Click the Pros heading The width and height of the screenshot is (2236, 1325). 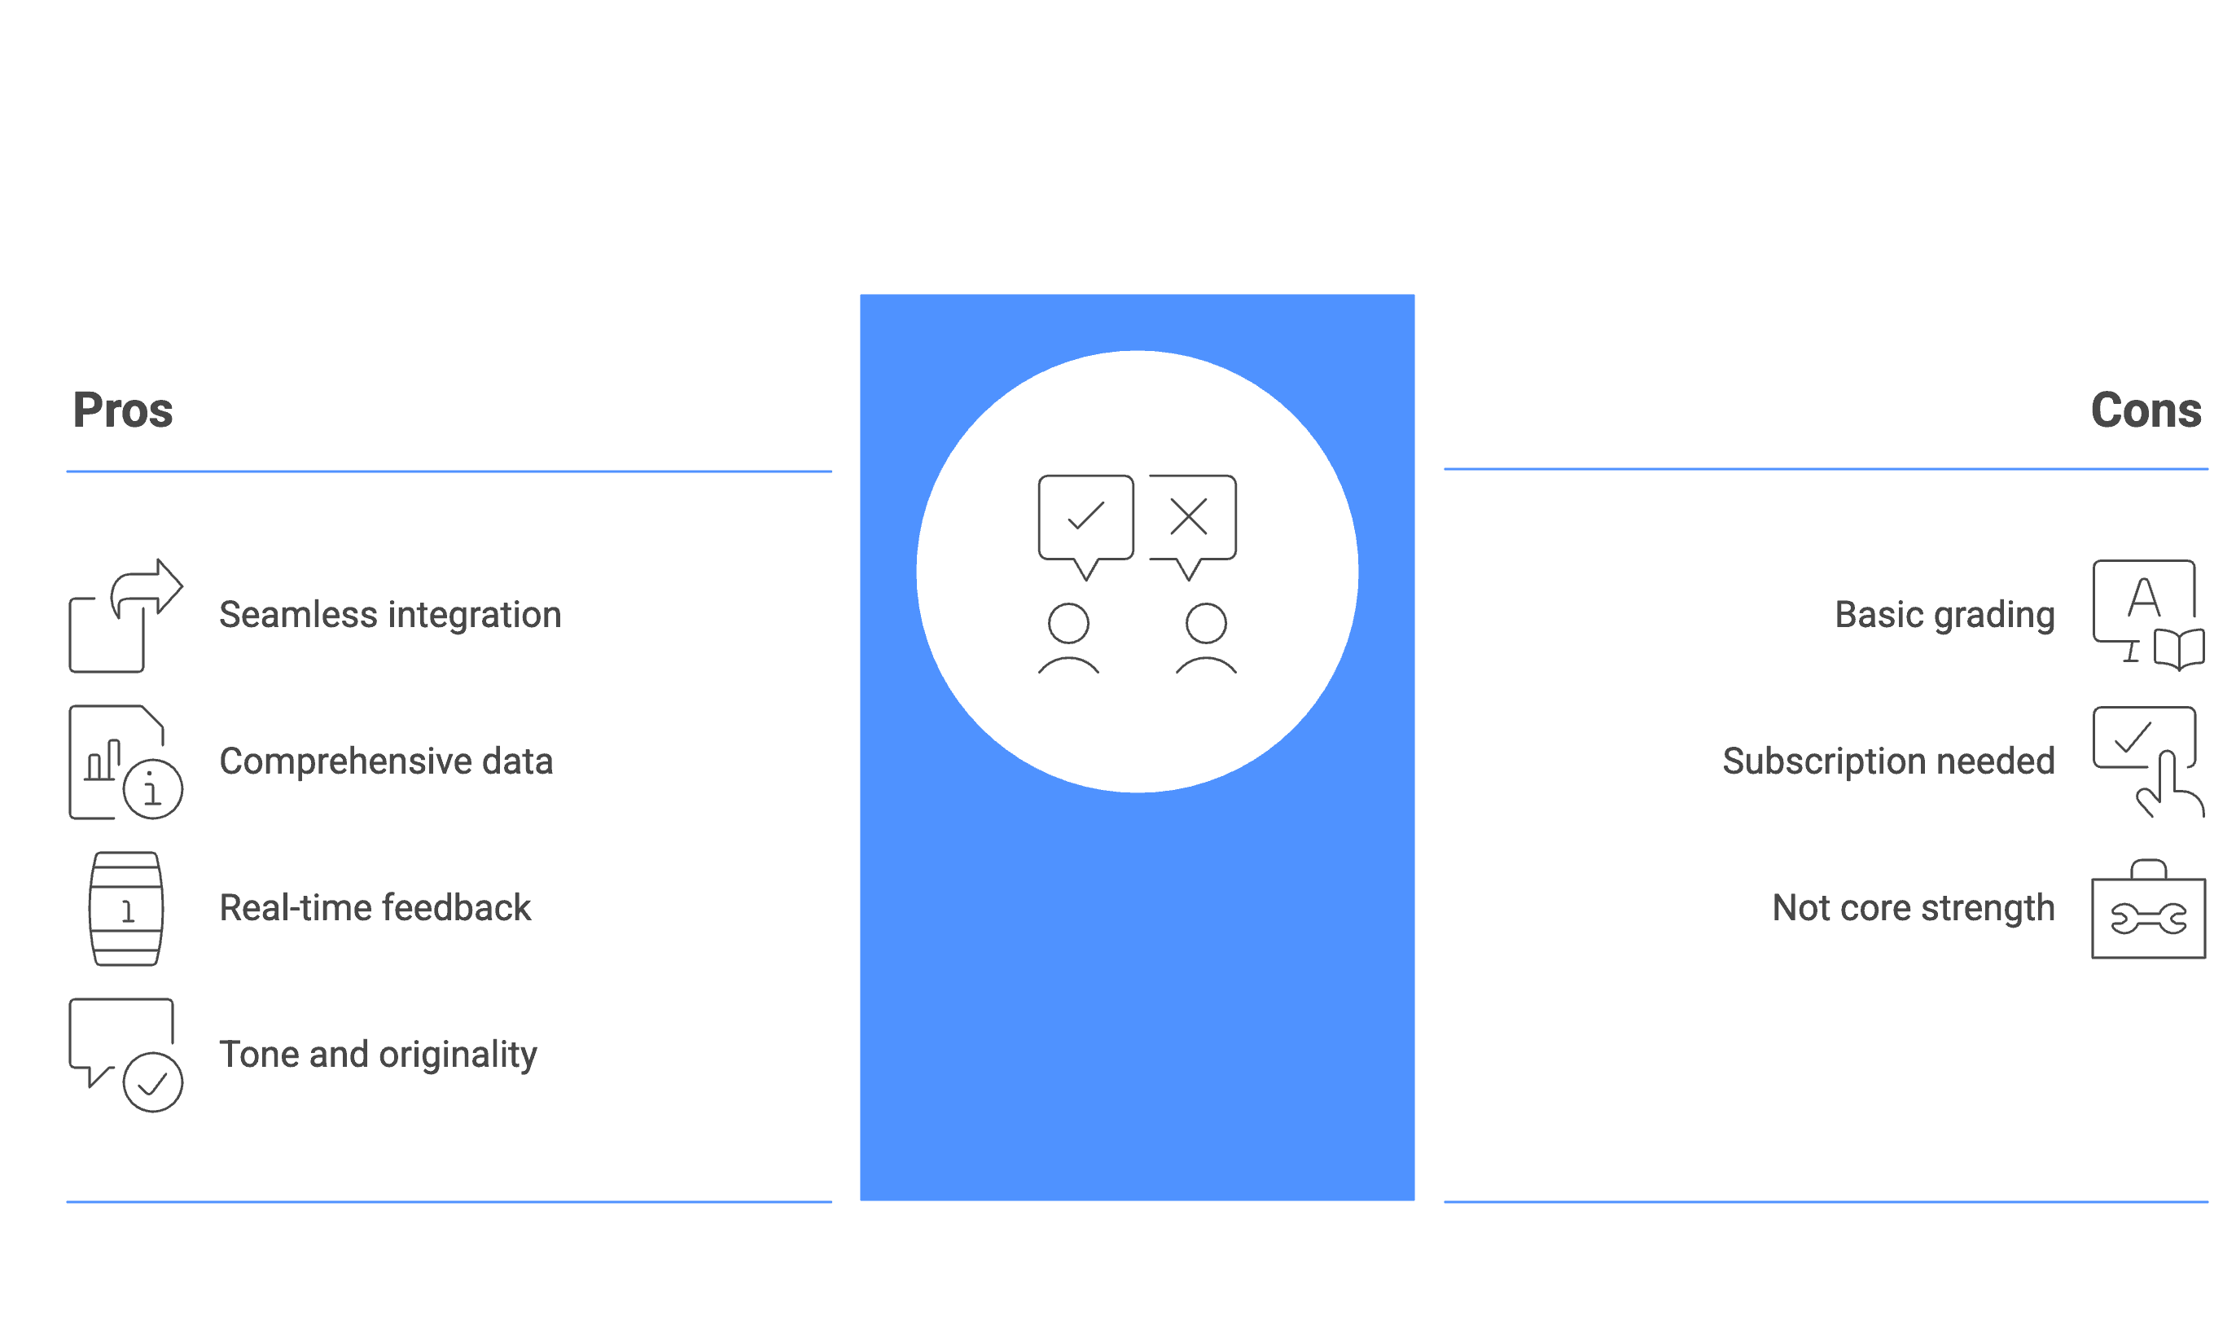pos(123,410)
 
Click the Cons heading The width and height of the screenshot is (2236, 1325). pos(2146,410)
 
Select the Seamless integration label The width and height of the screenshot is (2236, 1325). pos(390,615)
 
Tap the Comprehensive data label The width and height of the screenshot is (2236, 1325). pos(387,761)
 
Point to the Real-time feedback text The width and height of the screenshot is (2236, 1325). pos(375,908)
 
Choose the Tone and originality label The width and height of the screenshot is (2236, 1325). pos(379,1055)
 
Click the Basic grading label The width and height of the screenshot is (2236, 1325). pos(1945,615)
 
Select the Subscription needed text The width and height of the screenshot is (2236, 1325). pos(1889,761)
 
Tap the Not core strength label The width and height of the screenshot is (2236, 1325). pos(1914,908)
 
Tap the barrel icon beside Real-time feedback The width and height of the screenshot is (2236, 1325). pos(126,909)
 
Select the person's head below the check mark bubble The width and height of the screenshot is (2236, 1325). pos(1068,624)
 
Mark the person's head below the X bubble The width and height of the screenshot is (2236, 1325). pos(1206,624)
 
